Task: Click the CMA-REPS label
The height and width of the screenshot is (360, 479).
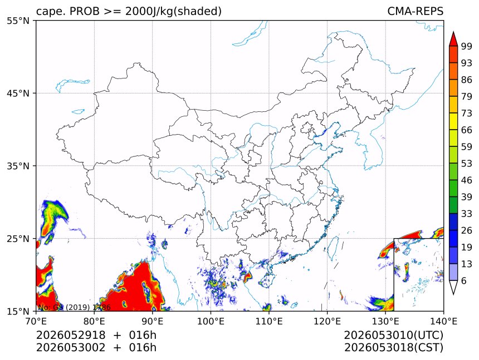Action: click(x=415, y=11)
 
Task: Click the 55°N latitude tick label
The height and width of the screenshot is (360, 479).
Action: click(x=18, y=21)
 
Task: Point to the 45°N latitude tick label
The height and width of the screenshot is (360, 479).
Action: click(x=18, y=93)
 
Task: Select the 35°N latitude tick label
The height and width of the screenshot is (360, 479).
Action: click(x=18, y=166)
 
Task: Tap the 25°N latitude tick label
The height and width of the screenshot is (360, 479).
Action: click(x=18, y=238)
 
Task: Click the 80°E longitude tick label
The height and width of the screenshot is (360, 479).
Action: click(x=94, y=321)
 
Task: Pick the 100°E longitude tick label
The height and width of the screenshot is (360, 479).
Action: click(x=211, y=321)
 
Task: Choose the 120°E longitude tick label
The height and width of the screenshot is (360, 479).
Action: click(x=327, y=321)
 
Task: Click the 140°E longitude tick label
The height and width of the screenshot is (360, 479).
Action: click(x=443, y=321)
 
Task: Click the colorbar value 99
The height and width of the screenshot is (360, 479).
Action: click(x=467, y=46)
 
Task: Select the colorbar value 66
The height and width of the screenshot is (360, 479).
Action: click(x=467, y=130)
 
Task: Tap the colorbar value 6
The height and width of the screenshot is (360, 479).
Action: click(x=464, y=280)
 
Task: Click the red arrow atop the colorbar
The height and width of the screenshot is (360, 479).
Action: click(x=453, y=39)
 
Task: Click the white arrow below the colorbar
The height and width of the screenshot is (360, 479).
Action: click(x=453, y=288)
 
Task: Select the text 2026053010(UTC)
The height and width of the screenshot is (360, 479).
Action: click(x=393, y=335)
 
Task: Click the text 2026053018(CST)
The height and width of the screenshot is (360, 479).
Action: click(x=393, y=348)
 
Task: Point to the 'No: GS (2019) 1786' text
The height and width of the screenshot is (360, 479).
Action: click(x=74, y=307)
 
